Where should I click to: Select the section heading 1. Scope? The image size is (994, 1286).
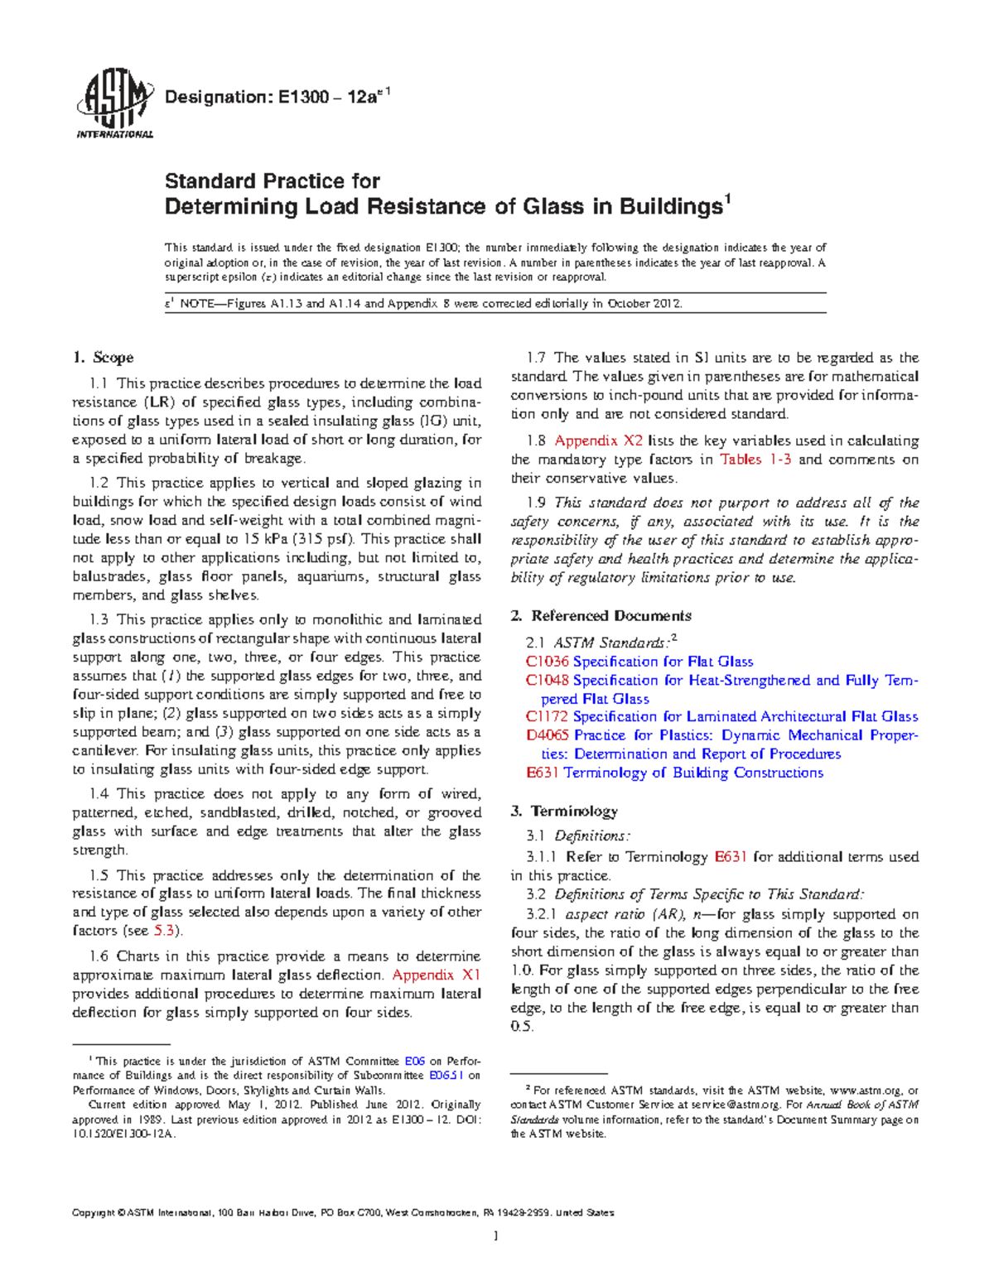click(x=103, y=358)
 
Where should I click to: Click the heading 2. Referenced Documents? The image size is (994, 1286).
click(x=601, y=615)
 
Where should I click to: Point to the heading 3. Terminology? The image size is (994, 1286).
click(x=564, y=811)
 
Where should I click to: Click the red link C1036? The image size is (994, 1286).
click(x=548, y=662)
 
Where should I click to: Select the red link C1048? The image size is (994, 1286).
click(x=548, y=680)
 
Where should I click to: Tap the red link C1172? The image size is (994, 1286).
click(x=548, y=716)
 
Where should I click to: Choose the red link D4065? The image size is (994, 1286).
click(x=548, y=735)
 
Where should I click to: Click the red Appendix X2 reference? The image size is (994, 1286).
click(x=598, y=441)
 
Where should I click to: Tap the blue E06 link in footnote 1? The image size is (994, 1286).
click(x=414, y=1061)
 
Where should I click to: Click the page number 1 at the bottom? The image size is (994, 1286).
click(x=495, y=1236)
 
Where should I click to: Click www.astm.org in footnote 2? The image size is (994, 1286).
click(x=865, y=1091)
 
